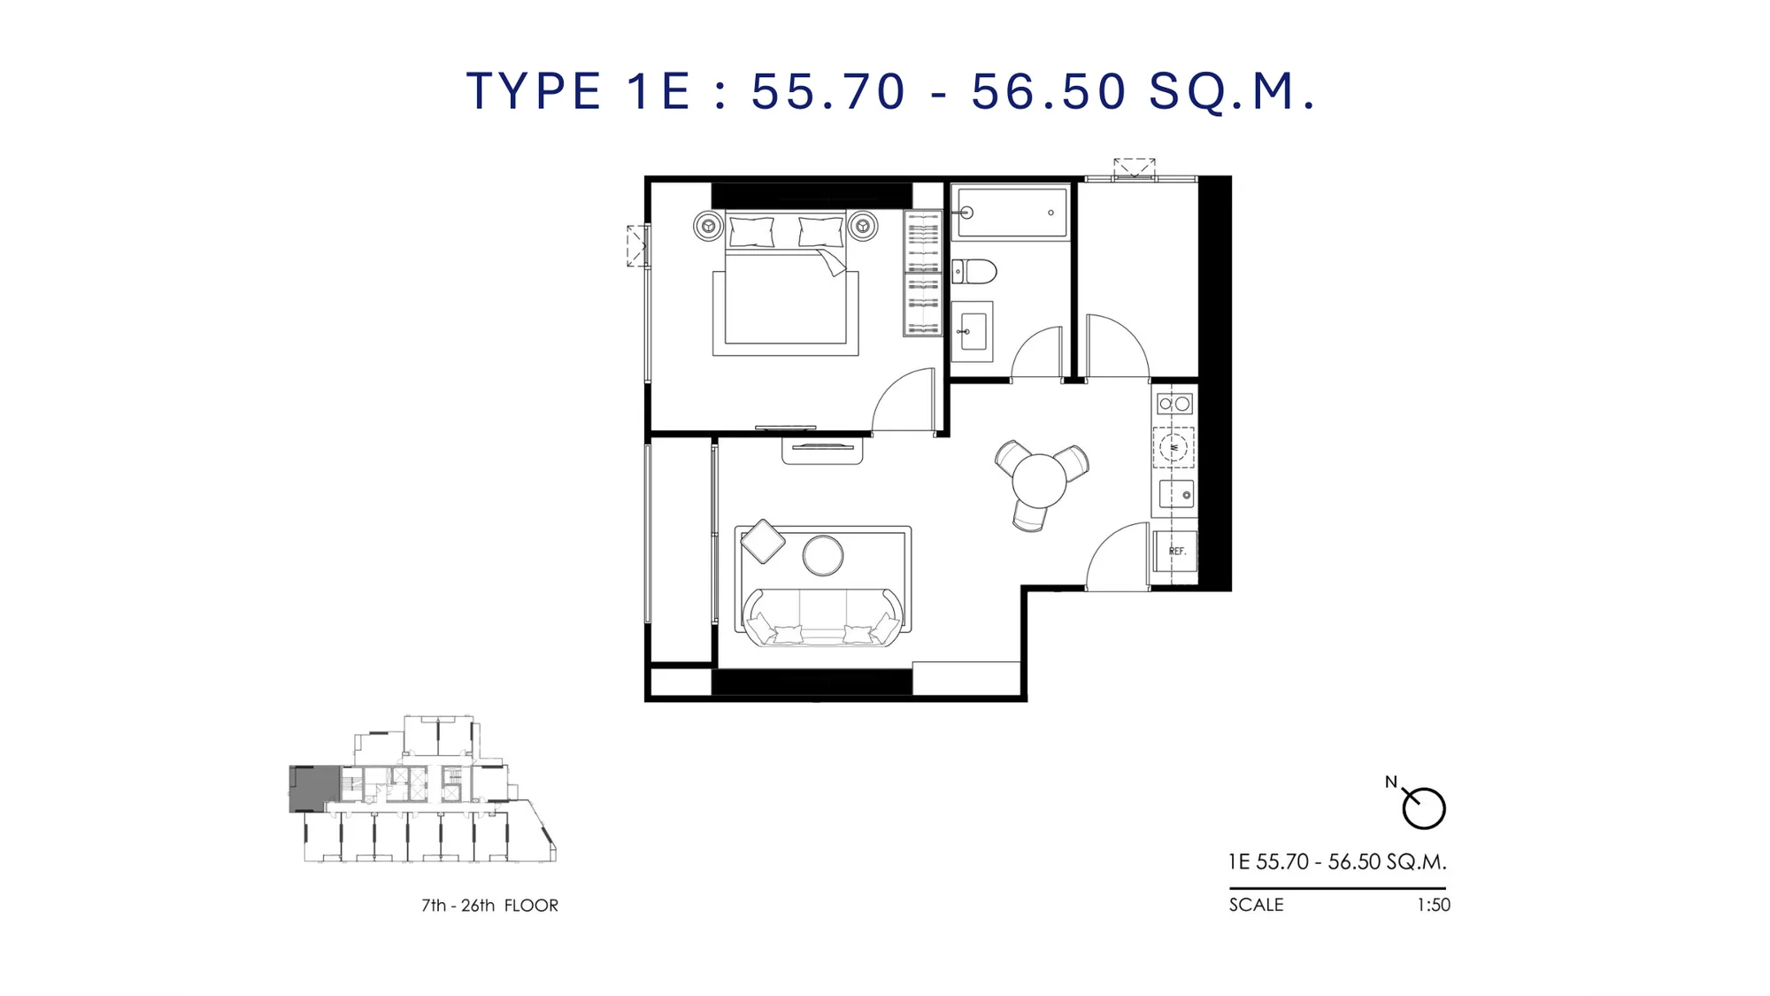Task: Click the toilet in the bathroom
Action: click(974, 271)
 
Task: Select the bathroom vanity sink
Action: click(973, 331)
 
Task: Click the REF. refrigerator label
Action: click(1177, 551)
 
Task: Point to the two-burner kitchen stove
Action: click(1174, 404)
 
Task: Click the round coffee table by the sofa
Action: click(823, 555)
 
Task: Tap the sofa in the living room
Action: click(824, 617)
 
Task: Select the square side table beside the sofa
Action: click(763, 541)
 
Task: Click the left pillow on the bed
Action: click(751, 232)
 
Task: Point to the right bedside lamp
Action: click(862, 226)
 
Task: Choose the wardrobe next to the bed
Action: click(923, 273)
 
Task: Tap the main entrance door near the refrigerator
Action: click(1118, 557)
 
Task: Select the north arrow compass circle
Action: click(1424, 808)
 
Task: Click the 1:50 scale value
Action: click(1434, 905)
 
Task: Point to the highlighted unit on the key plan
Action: click(314, 788)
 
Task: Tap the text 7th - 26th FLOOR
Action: click(489, 906)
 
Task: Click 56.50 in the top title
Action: click(1049, 91)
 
